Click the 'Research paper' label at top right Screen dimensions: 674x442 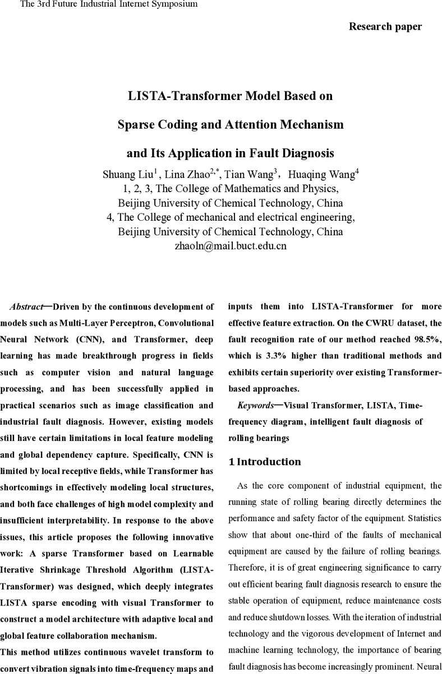[x=385, y=26]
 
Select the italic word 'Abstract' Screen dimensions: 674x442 [x=26, y=307]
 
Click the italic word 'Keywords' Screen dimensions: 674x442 [x=255, y=406]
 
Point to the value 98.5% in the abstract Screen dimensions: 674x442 [x=427, y=340]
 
